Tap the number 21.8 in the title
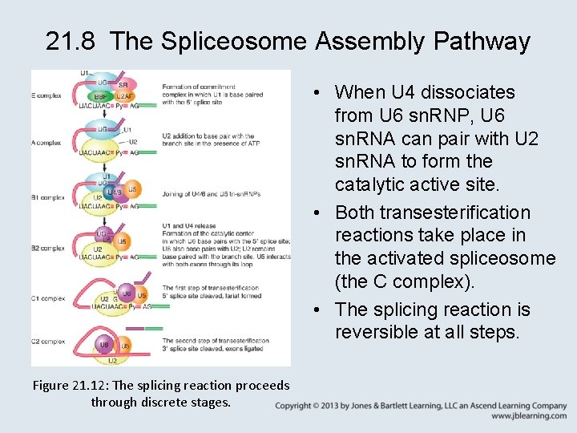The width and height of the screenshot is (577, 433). pos(73,41)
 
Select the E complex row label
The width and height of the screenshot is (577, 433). pos(47,95)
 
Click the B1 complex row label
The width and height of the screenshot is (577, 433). pos(48,197)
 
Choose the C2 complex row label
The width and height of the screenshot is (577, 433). pos(48,342)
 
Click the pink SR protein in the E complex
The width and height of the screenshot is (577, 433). pos(123,85)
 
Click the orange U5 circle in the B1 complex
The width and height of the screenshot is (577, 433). pos(134,189)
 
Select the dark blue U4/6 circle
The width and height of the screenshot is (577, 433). pos(115,192)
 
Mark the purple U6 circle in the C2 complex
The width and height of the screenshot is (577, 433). pos(103,345)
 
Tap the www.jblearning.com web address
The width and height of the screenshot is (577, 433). pos(529,416)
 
